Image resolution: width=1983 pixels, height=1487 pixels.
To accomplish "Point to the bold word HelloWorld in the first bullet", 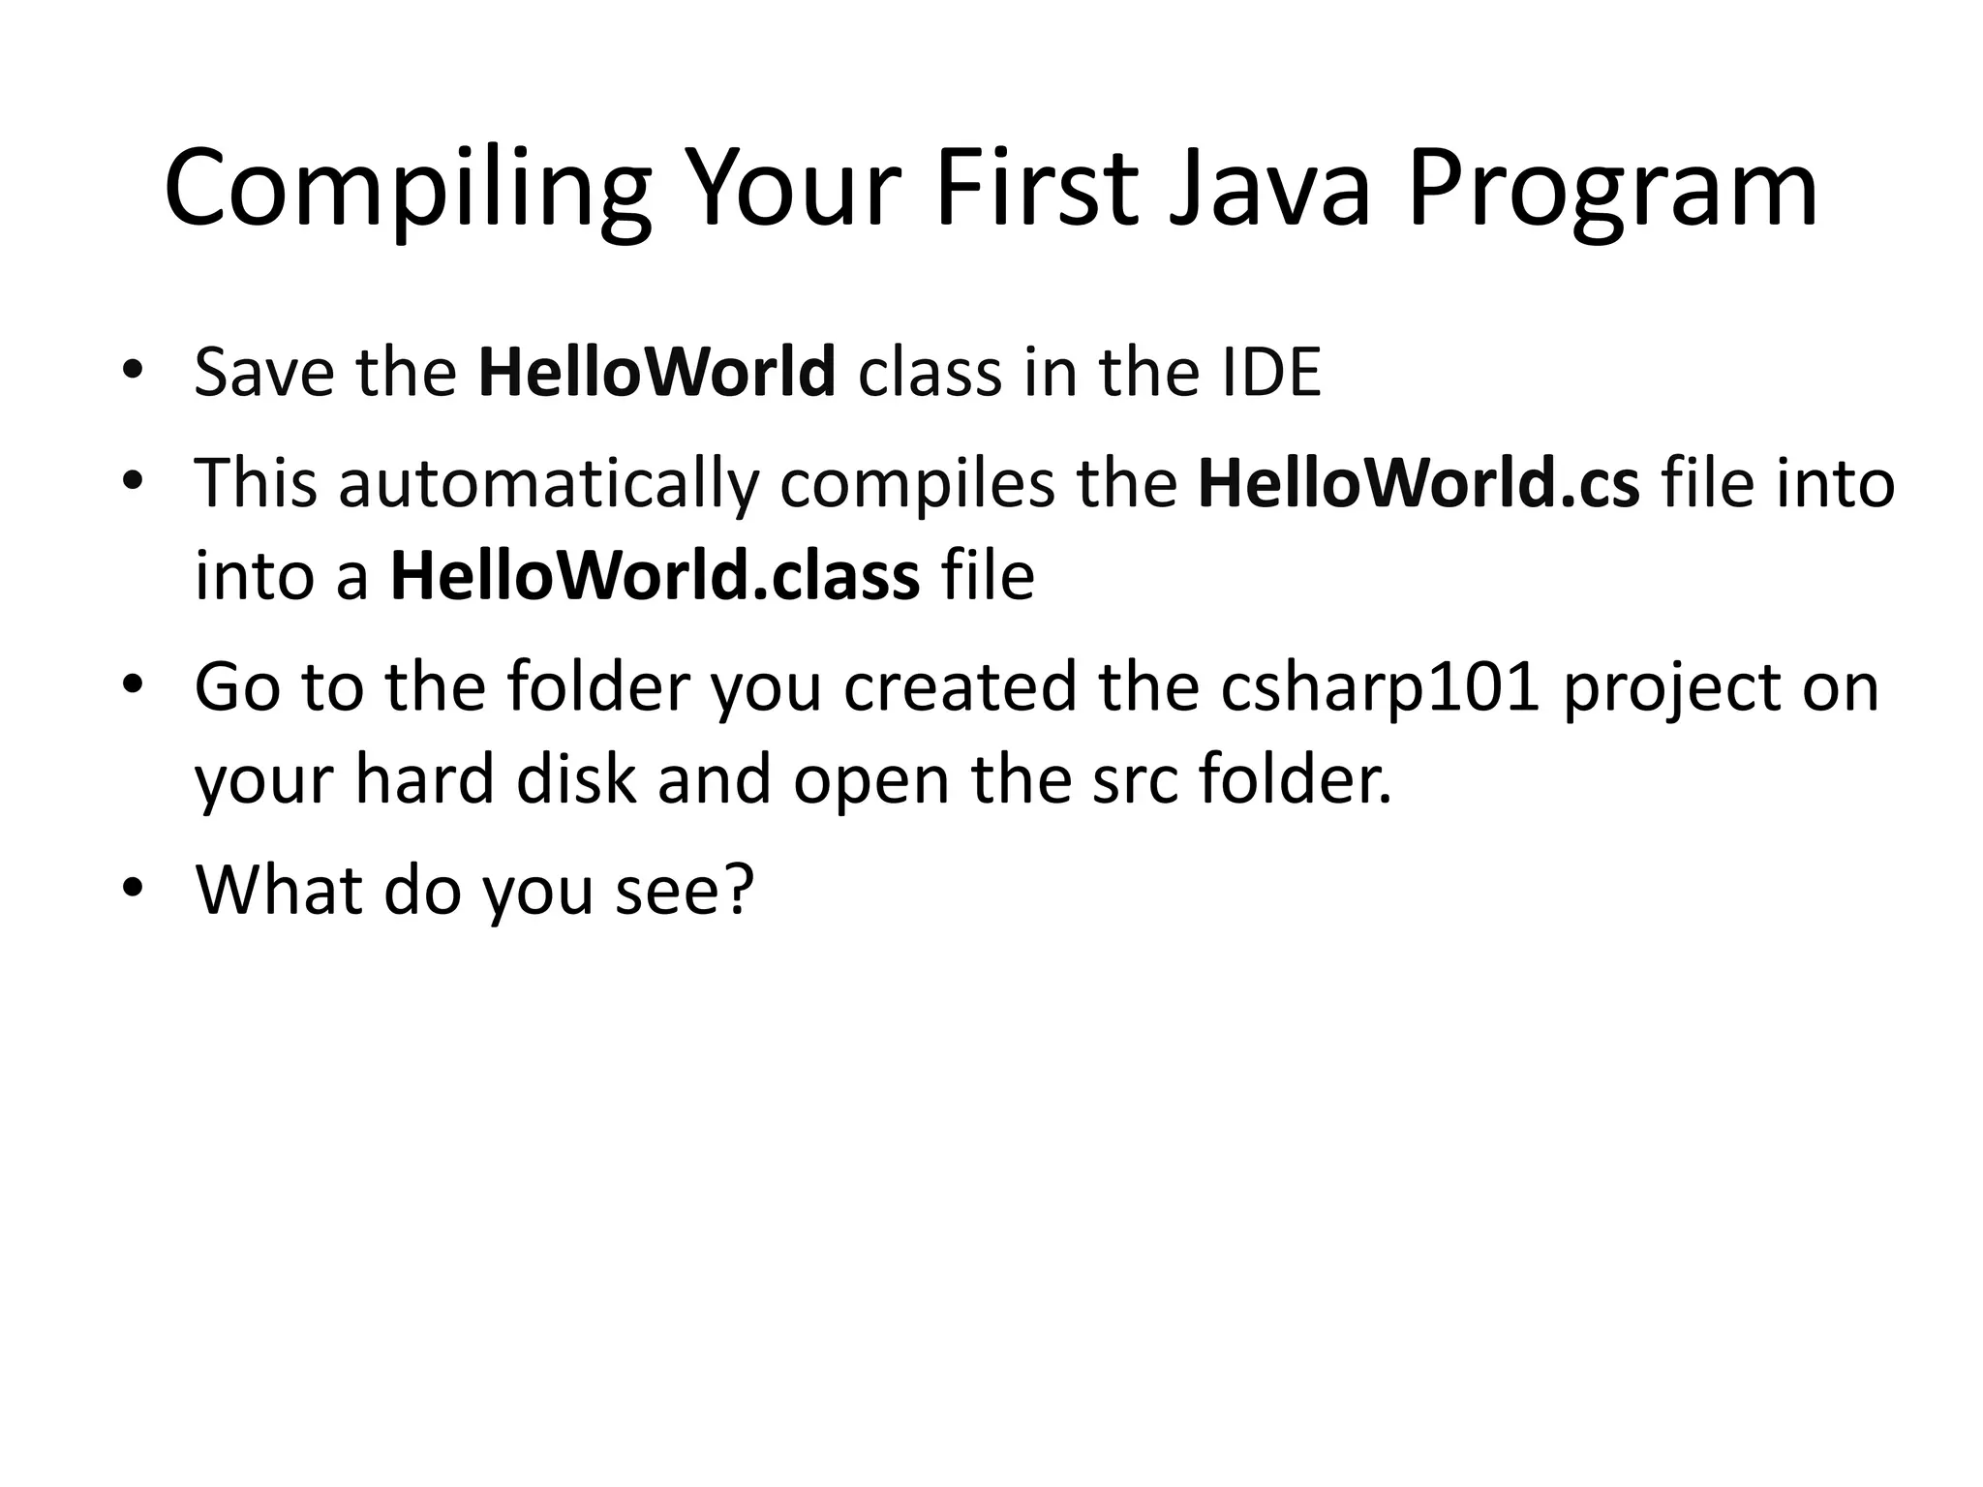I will (x=656, y=373).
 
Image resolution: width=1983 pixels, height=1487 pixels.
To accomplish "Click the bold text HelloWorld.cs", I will (x=1419, y=483).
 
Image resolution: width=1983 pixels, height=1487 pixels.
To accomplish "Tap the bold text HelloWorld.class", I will (x=655, y=576).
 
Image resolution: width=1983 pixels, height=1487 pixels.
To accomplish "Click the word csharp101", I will (x=1380, y=687).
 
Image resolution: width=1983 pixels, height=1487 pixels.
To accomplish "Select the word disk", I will (x=576, y=779).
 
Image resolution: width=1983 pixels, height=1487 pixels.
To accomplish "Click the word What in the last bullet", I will (x=278, y=889).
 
